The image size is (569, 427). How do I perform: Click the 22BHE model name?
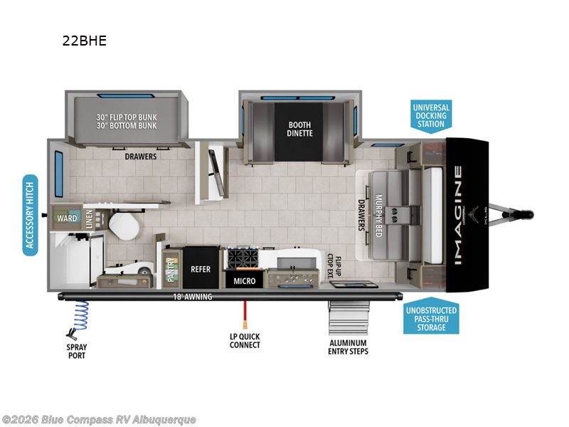click(x=84, y=41)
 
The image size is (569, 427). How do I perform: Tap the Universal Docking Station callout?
click(x=431, y=116)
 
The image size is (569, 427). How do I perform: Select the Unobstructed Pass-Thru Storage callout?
click(x=432, y=315)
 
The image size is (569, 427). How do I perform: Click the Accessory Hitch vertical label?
click(x=30, y=214)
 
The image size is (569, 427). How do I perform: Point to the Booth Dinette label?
click(x=299, y=129)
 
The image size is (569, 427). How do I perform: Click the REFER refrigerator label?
click(x=201, y=270)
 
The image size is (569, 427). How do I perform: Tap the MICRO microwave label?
click(x=245, y=281)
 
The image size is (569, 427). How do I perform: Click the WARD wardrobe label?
click(x=68, y=218)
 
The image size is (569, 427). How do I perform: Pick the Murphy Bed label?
click(x=379, y=214)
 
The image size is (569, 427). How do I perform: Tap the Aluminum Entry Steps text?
click(x=349, y=347)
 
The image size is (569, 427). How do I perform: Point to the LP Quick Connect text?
click(x=245, y=341)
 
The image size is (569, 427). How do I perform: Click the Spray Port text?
click(x=77, y=351)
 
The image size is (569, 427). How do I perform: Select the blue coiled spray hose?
click(x=81, y=315)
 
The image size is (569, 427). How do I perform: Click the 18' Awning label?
click(x=192, y=297)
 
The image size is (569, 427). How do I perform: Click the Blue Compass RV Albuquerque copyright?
click(x=99, y=420)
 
